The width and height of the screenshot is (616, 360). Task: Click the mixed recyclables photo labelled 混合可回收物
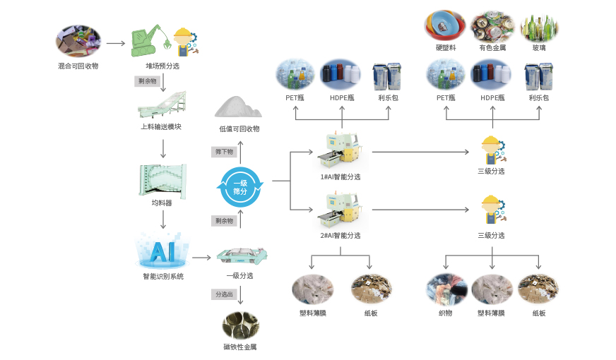[x=78, y=41]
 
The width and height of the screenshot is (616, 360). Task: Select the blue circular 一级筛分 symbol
[x=239, y=186]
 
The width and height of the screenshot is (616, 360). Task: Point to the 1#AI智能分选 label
[x=340, y=176]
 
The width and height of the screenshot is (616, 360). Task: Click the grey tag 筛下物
[x=224, y=152]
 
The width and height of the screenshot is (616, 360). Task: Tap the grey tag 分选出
[x=224, y=294]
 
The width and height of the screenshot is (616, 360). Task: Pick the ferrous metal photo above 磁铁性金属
[x=239, y=325]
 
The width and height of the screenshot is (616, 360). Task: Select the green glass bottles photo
[x=539, y=26]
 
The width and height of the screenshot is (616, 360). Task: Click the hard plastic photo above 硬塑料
[x=445, y=26]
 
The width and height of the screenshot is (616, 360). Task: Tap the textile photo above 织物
[x=446, y=290]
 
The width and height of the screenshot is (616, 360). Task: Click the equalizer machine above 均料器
[x=163, y=180]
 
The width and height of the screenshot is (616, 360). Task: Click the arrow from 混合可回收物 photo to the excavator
[x=116, y=44]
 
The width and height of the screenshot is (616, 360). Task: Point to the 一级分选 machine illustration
[x=242, y=256]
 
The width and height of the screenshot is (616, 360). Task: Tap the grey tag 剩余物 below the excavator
[x=146, y=81]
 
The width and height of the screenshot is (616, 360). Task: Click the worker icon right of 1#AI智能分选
[x=490, y=150]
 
